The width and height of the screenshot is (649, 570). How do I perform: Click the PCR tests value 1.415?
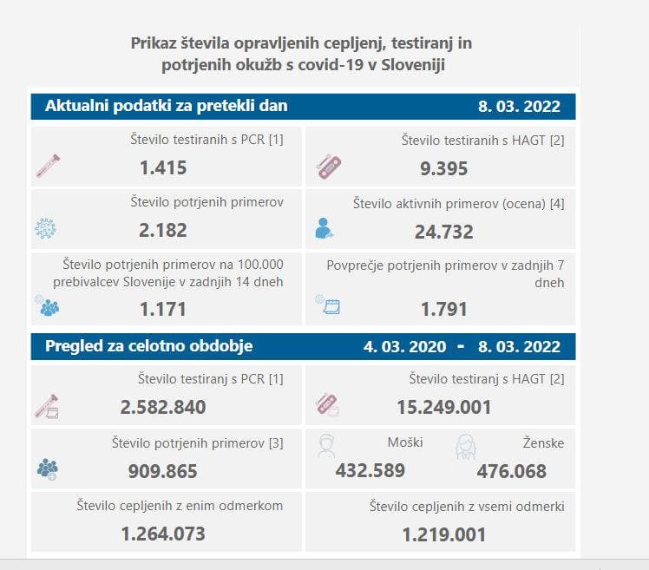click(163, 167)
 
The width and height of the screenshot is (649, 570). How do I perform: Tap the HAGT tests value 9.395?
click(443, 168)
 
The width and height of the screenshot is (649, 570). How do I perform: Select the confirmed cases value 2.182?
click(163, 230)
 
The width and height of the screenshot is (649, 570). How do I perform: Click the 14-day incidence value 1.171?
click(163, 308)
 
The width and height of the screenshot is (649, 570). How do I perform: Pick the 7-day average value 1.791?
click(443, 308)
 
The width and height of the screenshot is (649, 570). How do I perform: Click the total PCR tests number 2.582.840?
click(163, 407)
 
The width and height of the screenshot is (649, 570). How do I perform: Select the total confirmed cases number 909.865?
click(163, 471)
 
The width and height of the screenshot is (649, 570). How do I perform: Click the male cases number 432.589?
click(370, 471)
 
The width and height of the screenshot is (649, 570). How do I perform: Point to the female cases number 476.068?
click(512, 471)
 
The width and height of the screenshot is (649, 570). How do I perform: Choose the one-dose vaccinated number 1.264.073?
click(163, 534)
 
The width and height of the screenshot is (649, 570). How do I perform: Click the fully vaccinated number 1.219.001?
click(443, 534)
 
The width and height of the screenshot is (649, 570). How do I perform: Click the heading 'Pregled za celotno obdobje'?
click(142, 346)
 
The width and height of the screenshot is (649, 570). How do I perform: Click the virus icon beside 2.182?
click(44, 229)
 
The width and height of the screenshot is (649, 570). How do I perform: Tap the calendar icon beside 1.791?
click(328, 305)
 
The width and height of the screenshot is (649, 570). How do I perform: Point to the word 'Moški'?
click(405, 442)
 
